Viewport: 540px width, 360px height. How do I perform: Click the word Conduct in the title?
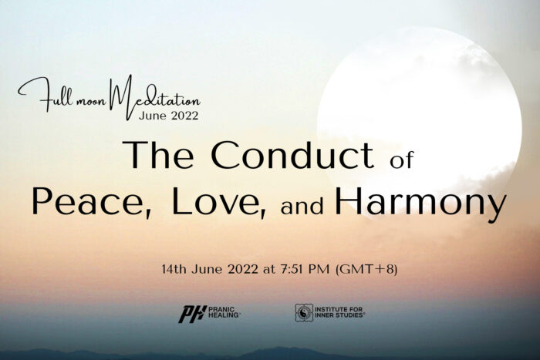[292, 154]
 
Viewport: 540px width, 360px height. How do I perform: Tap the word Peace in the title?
[92, 201]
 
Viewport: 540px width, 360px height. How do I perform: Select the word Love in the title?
[219, 201]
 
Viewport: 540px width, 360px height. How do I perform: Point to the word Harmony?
[421, 204]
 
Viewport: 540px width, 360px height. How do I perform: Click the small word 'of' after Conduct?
[402, 160]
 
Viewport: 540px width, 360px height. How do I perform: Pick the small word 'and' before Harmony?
[302, 206]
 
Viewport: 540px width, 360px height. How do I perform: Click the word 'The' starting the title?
[158, 154]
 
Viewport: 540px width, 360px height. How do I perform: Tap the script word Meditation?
[155, 97]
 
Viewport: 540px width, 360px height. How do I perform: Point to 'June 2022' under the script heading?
[169, 116]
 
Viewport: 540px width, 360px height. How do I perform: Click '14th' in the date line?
[174, 269]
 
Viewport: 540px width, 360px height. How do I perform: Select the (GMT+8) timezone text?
[366, 269]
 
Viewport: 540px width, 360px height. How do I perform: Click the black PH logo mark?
[192, 315]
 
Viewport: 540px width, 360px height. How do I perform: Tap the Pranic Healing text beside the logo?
[224, 312]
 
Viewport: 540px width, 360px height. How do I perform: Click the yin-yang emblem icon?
[304, 312]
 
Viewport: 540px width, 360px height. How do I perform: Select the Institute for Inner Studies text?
[339, 312]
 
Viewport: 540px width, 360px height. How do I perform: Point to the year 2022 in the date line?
[242, 269]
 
